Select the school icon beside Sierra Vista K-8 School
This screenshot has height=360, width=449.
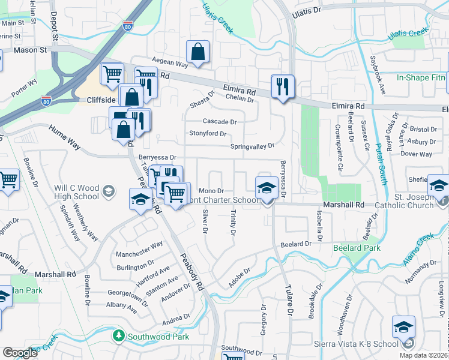[403, 327]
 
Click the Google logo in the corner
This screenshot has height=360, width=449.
[20, 353]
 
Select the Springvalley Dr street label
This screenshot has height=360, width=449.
[252, 146]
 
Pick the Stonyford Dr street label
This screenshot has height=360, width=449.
[208, 133]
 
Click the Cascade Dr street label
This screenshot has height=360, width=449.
[220, 121]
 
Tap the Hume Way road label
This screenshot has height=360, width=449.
[64, 136]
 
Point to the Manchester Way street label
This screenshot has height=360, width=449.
[140, 245]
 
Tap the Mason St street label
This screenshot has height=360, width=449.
[31, 50]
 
